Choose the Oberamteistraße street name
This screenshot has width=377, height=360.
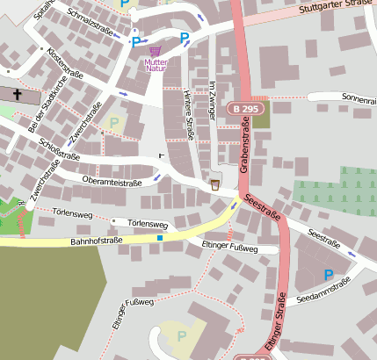[x=112, y=182]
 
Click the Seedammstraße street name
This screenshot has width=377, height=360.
[x=324, y=292]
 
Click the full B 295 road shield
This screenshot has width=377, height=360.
[x=246, y=108]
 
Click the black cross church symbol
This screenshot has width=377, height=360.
[x=18, y=92]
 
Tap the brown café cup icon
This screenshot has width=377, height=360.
[x=215, y=184]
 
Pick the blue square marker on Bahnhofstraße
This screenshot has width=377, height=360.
[x=160, y=238]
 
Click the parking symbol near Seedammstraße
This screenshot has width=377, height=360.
[x=329, y=275]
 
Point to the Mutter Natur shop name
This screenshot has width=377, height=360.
[x=156, y=66]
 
